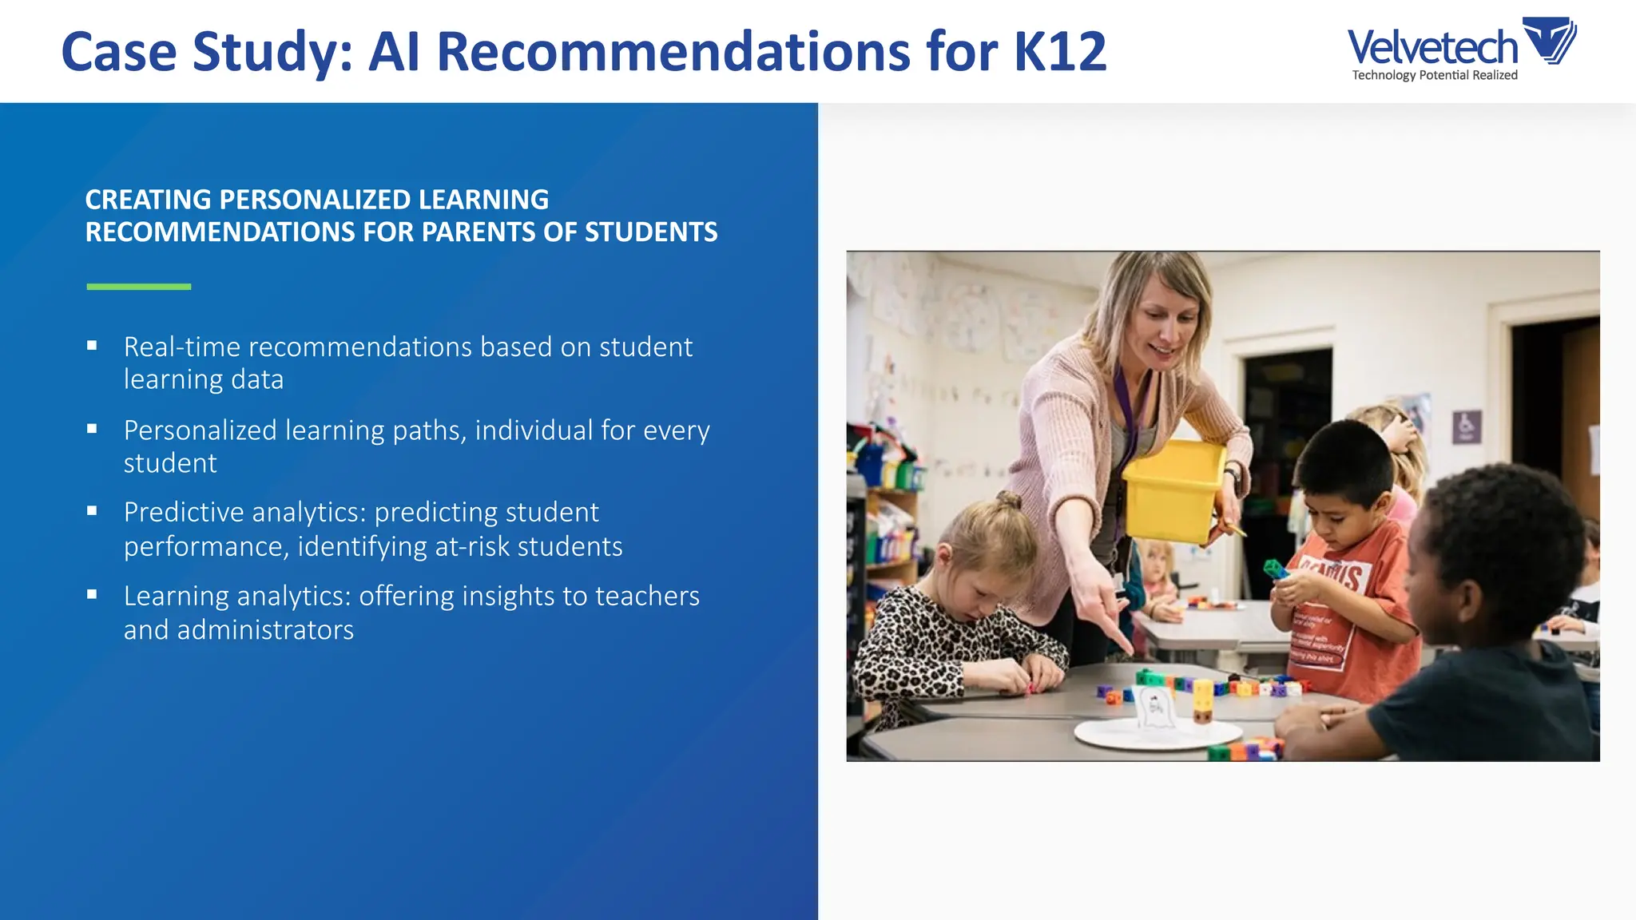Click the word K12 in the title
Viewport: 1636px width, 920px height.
point(1060,52)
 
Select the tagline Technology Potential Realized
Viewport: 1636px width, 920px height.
point(1435,75)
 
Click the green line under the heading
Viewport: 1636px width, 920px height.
point(139,286)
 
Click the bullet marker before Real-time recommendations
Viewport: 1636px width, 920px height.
point(92,346)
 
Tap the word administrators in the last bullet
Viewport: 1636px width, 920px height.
point(265,630)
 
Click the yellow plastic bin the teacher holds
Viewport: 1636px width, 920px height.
point(1173,490)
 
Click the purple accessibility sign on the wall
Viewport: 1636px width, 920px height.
point(1466,426)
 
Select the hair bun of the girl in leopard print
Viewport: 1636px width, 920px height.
point(1008,502)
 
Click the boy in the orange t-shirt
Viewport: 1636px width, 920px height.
point(1346,559)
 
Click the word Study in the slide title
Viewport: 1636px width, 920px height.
point(272,52)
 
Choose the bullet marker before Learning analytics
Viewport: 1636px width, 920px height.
point(92,595)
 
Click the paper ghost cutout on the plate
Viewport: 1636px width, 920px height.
point(1154,708)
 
